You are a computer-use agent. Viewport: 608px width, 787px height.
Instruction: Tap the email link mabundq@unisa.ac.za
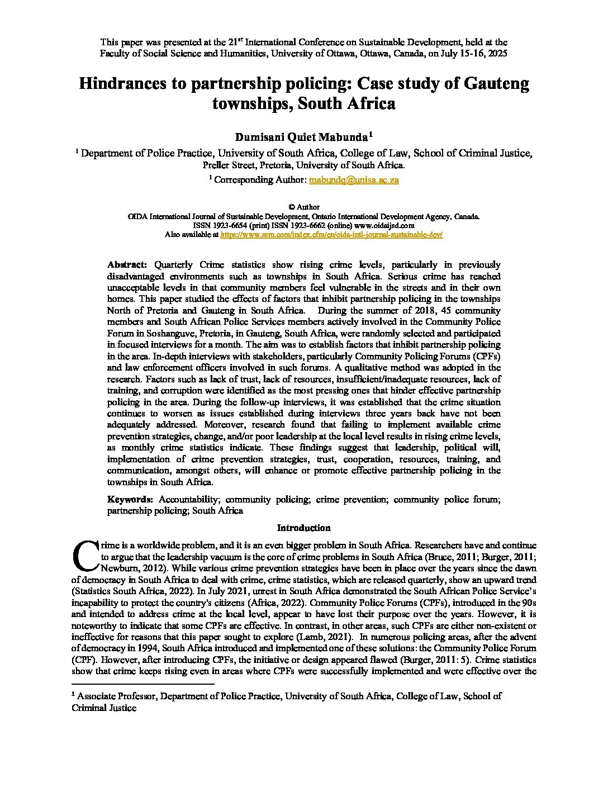(x=354, y=180)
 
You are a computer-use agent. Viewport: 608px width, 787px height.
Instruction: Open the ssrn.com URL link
(x=332, y=235)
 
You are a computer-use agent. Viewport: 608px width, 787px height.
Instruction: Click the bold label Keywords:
(x=130, y=499)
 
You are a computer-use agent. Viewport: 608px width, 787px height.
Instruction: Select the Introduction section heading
(x=303, y=528)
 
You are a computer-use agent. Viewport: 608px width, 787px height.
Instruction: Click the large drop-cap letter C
(x=84, y=553)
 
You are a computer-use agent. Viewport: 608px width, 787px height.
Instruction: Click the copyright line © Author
(x=303, y=207)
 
